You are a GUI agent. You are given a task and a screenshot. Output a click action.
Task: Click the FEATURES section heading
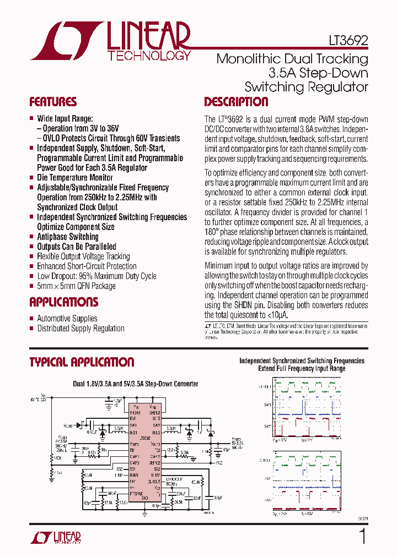point(53,102)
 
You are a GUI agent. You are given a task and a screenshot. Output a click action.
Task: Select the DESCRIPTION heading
point(236,102)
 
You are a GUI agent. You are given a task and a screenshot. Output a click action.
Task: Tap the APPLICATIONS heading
point(63,302)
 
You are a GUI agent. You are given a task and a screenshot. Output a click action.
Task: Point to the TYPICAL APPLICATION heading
point(82,362)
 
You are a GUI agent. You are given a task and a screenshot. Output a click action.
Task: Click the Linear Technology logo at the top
point(110,41)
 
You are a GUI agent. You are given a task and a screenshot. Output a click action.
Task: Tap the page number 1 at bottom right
point(362,536)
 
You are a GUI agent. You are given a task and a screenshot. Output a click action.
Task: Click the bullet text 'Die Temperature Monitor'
point(74,178)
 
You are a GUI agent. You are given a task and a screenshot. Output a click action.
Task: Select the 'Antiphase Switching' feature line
point(67,237)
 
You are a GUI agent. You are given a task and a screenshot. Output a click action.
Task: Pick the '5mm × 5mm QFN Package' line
point(76,286)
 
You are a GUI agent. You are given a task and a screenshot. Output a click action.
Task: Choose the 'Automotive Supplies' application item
point(67,319)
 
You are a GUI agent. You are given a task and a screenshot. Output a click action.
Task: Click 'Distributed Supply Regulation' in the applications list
point(81,329)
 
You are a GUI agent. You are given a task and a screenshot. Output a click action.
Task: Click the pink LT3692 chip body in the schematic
point(145,451)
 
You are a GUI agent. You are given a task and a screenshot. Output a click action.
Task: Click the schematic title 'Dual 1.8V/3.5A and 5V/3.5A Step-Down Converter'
point(136,384)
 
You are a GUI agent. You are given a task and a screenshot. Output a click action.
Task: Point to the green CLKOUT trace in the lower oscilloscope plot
point(303,459)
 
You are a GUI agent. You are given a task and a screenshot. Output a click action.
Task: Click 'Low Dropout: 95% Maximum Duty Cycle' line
point(96,276)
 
